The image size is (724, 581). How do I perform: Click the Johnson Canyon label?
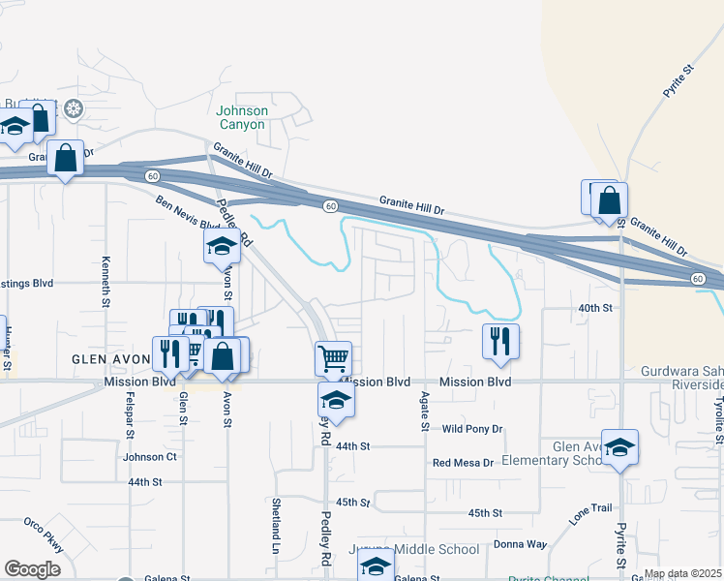[241, 117]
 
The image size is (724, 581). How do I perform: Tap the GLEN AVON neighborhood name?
[111, 358]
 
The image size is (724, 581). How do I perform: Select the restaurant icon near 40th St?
[500, 342]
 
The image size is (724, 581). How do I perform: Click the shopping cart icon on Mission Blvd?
[334, 359]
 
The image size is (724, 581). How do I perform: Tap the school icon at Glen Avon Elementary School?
[619, 446]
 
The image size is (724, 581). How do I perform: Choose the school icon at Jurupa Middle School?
[376, 566]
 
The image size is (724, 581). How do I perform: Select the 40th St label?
[596, 308]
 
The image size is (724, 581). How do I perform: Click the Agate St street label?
[424, 412]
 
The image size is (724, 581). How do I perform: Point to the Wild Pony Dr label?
[471, 429]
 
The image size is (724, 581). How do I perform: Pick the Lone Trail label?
[590, 513]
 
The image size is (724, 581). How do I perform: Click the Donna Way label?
[521, 545]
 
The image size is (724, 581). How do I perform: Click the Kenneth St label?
[106, 282]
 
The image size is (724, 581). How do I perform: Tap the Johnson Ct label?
[150, 456]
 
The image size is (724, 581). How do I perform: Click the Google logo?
[32, 568]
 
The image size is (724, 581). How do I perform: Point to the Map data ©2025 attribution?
[682, 573]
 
